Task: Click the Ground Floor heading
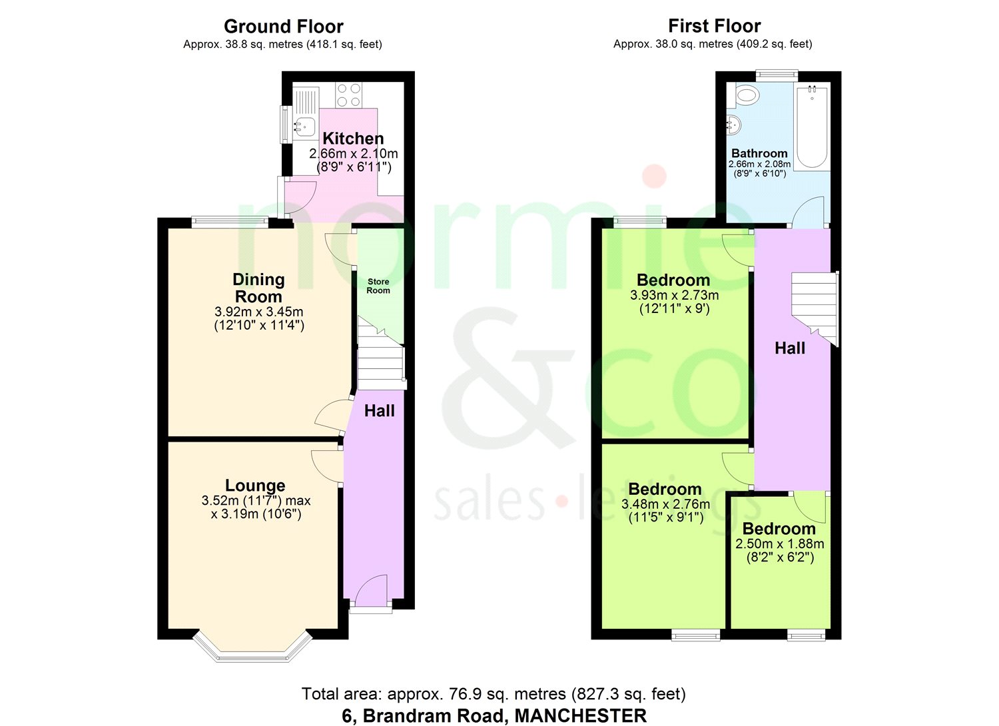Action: click(x=284, y=27)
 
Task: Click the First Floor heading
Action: click(x=715, y=26)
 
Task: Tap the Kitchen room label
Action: click(x=353, y=139)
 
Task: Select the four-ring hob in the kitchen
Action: click(x=349, y=95)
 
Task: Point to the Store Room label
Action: click(x=378, y=286)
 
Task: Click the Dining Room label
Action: click(x=258, y=288)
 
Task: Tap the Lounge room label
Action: click(x=255, y=485)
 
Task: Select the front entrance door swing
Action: click(x=371, y=590)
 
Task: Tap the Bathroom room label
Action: click(x=759, y=153)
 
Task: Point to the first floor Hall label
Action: click(x=790, y=348)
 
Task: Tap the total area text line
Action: click(x=494, y=694)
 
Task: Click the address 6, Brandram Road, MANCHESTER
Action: click(x=494, y=716)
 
